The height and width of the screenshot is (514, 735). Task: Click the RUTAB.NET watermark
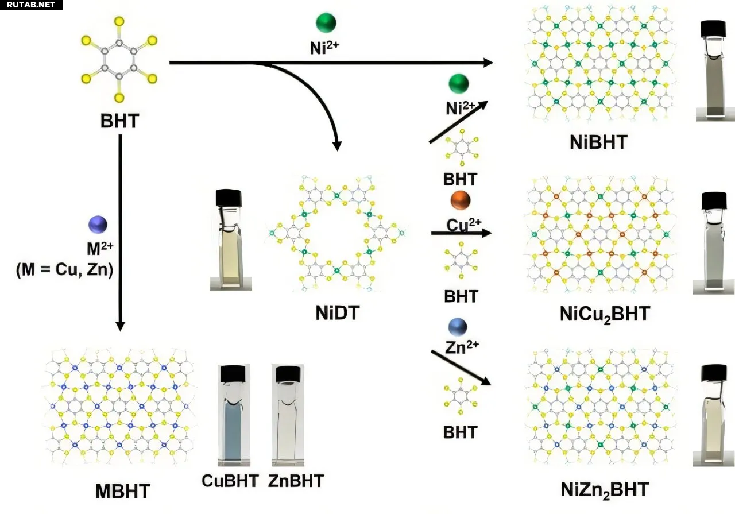(31, 5)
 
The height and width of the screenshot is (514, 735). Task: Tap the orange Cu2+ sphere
(461, 200)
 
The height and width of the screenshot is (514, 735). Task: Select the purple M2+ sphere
(98, 225)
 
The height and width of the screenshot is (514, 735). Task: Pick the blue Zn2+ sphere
(458, 327)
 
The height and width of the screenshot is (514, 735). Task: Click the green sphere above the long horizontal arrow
(326, 22)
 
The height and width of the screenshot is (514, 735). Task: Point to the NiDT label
(337, 312)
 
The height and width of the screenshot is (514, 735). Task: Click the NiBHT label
(598, 142)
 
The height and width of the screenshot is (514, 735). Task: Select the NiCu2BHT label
(605, 314)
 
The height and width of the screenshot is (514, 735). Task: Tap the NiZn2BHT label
(605, 490)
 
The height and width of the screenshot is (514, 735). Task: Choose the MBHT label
(123, 492)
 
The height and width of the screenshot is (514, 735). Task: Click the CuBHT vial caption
(230, 481)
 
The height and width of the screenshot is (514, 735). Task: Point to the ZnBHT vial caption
(296, 481)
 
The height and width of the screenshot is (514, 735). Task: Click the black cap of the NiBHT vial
(713, 29)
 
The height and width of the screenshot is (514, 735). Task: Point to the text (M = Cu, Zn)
(65, 270)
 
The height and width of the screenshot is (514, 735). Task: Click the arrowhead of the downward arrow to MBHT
(121, 326)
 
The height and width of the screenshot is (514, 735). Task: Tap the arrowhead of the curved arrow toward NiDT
(337, 146)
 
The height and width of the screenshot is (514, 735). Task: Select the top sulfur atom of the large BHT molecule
(119, 21)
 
